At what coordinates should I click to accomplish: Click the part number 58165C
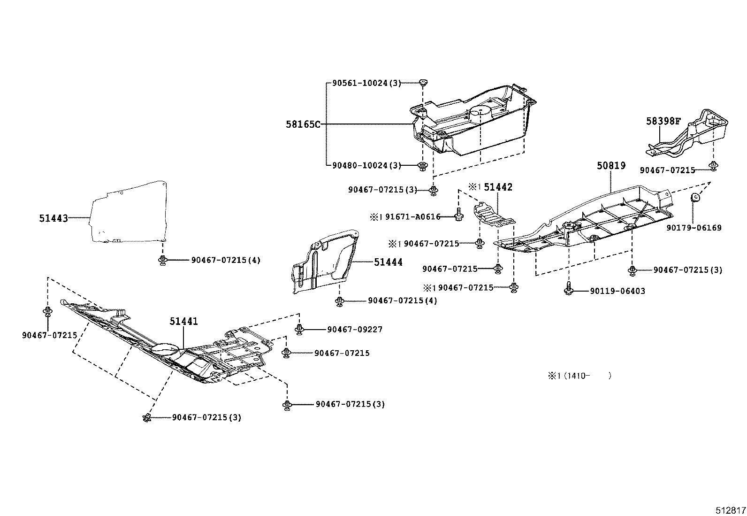(x=303, y=124)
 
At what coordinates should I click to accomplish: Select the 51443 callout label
(x=53, y=218)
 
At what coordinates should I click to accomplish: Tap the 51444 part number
(x=388, y=262)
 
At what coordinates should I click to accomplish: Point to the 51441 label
(x=184, y=322)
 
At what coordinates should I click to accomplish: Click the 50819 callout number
(x=611, y=166)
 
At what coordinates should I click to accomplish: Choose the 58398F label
(x=663, y=121)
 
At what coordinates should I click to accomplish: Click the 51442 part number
(x=498, y=187)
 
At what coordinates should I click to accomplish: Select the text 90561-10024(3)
(x=366, y=83)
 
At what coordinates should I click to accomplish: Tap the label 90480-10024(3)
(x=366, y=166)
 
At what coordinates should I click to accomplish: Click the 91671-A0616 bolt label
(x=413, y=217)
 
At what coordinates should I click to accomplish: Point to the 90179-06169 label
(x=694, y=228)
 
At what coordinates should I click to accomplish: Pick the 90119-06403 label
(x=617, y=291)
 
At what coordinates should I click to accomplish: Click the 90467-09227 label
(x=355, y=330)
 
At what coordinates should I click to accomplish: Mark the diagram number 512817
(x=730, y=510)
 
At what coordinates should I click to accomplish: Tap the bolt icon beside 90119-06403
(x=568, y=288)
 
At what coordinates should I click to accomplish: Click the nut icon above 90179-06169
(x=694, y=197)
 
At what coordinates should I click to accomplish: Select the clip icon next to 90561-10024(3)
(x=424, y=82)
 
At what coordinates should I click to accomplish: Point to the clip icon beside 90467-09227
(x=299, y=329)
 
